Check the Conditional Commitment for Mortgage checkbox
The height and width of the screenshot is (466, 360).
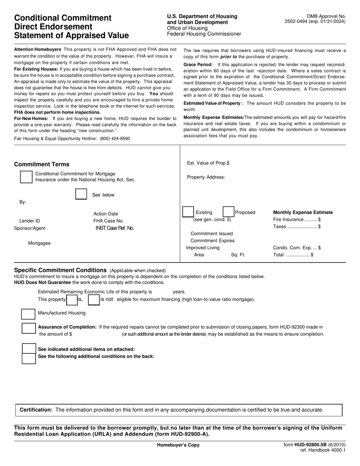coord(26,177)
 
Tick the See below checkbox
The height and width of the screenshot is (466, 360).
coord(81,194)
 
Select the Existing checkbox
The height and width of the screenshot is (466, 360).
coord(188,213)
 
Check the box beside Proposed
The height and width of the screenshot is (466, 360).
coord(228,213)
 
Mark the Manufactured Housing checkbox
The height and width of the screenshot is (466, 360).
coord(28,314)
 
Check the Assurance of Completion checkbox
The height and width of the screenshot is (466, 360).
coord(28,328)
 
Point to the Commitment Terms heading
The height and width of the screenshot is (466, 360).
coord(42,164)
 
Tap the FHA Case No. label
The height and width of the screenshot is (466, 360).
coord(108,221)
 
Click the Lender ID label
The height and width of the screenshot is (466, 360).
coord(30,221)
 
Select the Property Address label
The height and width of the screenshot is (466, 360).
coord(206,177)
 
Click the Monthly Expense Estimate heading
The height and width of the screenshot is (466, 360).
coord(303,213)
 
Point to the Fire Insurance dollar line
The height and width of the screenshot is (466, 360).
coord(297,220)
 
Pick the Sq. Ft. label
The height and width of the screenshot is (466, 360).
coord(238,255)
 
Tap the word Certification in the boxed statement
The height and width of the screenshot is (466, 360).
coord(36,410)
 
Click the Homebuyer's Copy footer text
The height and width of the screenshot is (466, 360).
coord(178,445)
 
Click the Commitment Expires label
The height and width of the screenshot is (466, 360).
coord(212,241)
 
